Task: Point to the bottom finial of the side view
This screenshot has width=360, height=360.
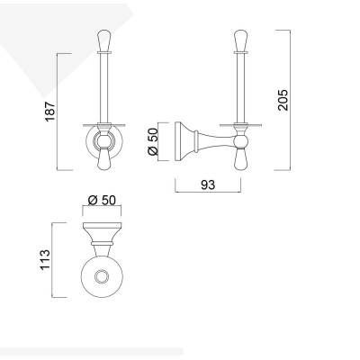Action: [x=240, y=161]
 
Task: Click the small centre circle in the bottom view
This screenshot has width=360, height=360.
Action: [x=101, y=277]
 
